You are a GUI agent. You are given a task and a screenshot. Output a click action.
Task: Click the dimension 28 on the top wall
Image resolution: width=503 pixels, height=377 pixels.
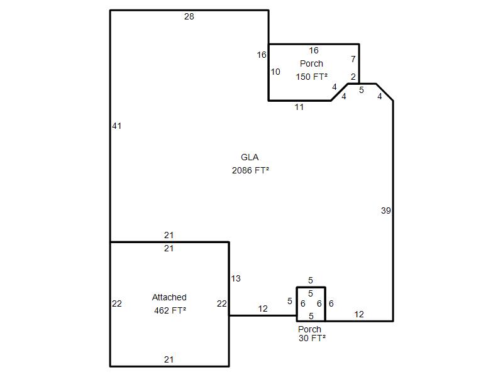tap(189, 16)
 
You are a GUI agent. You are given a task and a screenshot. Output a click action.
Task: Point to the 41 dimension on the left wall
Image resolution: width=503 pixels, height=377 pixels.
tap(116, 126)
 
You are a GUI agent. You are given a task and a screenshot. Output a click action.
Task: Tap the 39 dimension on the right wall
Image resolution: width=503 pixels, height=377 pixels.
tap(386, 210)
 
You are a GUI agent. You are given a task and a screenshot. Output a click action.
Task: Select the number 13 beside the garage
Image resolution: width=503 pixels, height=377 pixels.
tap(236, 278)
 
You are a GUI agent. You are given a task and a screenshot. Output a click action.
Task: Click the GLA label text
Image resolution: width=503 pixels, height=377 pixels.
tap(250, 157)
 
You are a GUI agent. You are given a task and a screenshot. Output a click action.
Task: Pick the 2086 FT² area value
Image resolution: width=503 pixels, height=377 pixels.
tap(250, 170)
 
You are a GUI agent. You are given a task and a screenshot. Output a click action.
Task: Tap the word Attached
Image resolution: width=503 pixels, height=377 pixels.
tap(169, 297)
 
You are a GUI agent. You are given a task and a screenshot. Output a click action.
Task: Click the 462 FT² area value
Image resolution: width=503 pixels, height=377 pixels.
tap(170, 310)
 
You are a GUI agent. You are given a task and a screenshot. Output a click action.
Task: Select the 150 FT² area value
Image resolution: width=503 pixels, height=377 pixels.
tap(311, 77)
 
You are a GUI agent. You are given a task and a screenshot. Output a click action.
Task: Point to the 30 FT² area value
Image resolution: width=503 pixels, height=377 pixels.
tap(312, 338)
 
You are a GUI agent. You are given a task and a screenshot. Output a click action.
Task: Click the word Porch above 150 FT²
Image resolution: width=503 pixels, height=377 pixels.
tap(311, 63)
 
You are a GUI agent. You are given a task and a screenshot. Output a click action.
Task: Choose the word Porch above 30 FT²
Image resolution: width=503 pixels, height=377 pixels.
tap(309, 329)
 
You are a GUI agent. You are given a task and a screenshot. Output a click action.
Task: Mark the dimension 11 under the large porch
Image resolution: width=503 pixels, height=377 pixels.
tap(299, 107)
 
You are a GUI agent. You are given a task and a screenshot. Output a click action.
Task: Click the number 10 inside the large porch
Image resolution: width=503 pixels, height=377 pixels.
tap(275, 72)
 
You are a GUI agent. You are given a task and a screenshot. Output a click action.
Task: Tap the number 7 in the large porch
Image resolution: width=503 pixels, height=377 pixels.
tap(353, 59)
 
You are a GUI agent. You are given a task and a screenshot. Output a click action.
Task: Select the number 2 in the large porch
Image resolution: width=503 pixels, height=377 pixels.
tap(353, 77)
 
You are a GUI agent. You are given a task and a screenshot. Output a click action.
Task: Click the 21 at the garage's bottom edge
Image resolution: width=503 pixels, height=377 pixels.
tap(169, 359)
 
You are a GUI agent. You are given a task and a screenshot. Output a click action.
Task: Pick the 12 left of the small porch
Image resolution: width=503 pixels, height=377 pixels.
tap(263, 309)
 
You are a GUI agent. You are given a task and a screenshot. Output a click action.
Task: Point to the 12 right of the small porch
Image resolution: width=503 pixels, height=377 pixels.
tap(359, 315)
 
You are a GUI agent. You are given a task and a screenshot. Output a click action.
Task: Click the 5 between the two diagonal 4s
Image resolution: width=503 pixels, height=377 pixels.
tap(362, 90)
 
